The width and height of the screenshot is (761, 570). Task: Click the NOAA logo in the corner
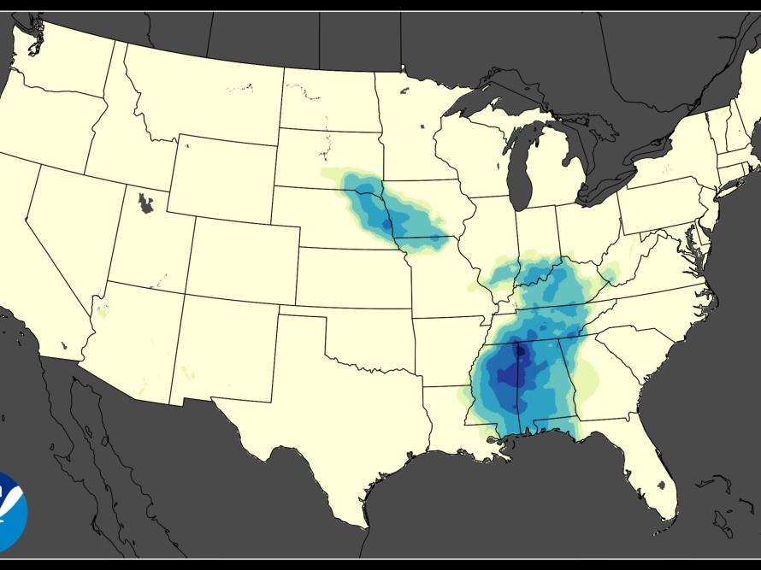coord(10,511)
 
